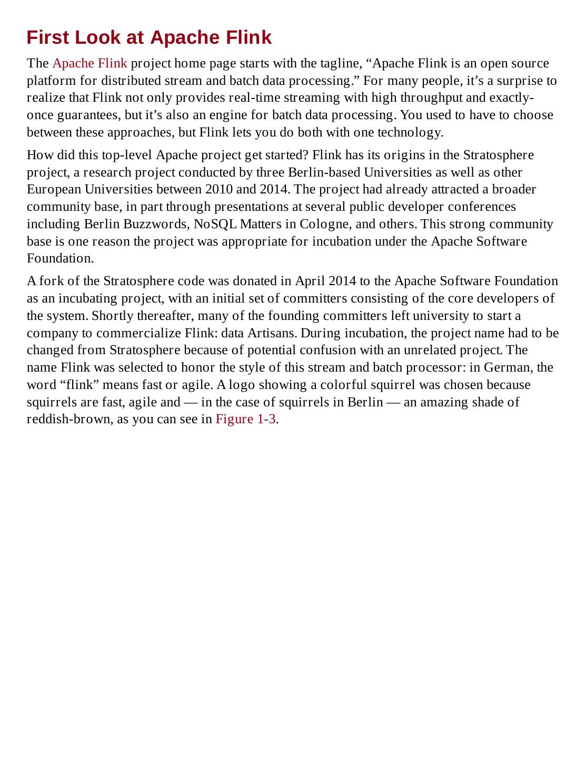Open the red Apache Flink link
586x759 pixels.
pyautogui.click(x=90, y=64)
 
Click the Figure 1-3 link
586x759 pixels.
pyautogui.click(x=245, y=420)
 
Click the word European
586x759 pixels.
pyautogui.click(x=54, y=190)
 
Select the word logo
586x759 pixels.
pyautogui.click(x=241, y=385)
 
